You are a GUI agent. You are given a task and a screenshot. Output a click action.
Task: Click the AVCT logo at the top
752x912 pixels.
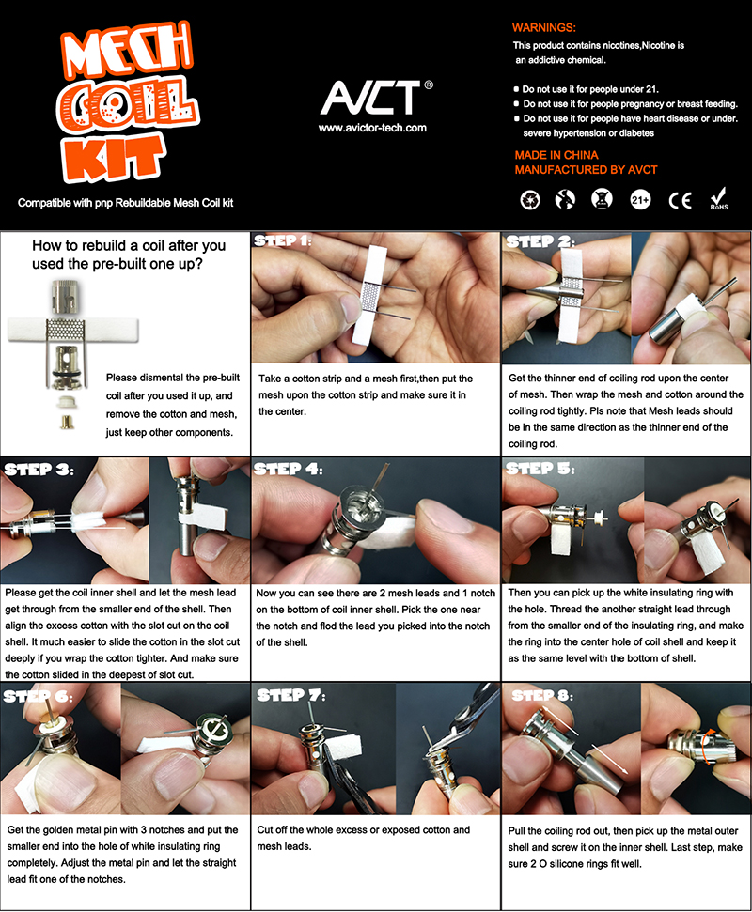tap(370, 97)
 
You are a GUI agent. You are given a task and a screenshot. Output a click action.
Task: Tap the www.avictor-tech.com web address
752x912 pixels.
tap(372, 128)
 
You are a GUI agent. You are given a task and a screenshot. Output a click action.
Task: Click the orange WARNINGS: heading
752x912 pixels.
tap(543, 27)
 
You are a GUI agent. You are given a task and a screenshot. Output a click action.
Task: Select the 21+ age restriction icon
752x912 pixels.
tap(640, 200)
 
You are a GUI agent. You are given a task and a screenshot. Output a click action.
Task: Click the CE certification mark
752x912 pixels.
tap(680, 201)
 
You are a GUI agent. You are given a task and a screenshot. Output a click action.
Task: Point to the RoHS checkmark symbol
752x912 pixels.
tap(719, 198)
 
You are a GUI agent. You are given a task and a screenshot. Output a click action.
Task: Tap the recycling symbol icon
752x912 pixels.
tap(529, 200)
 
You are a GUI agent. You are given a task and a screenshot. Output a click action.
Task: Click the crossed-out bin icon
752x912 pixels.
tap(602, 199)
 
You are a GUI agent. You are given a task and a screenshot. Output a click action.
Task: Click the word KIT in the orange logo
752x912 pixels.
tap(113, 158)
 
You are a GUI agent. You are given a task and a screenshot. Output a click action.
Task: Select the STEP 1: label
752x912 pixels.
tap(282, 240)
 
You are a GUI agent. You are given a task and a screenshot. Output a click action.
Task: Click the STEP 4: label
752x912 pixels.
tap(289, 469)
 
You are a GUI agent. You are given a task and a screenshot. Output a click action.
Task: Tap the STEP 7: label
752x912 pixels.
tap(291, 696)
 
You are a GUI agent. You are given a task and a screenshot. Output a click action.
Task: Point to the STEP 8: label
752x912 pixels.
tap(542, 696)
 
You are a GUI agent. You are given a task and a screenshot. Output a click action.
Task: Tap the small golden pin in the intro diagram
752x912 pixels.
tap(67, 421)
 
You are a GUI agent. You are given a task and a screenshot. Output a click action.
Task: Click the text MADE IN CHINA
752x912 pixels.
tap(556, 155)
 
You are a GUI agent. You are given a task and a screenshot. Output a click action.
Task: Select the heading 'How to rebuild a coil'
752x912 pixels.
tap(129, 245)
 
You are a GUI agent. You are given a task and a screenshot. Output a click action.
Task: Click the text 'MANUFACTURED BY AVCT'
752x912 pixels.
tap(587, 170)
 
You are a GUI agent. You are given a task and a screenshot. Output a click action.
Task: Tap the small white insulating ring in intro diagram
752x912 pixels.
tap(68, 401)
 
